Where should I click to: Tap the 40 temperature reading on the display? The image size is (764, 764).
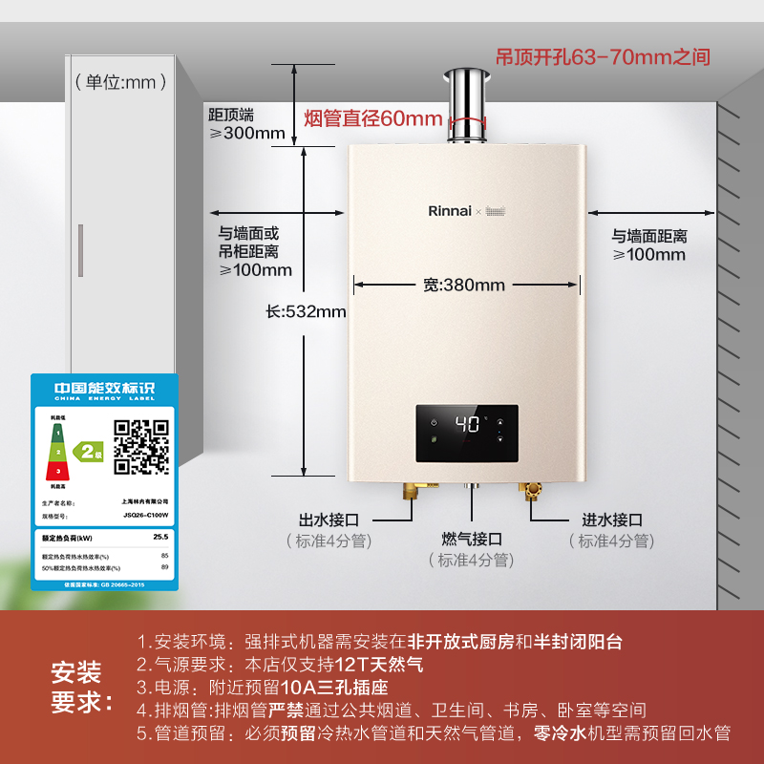click(468, 424)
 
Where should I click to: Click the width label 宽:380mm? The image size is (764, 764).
click(464, 285)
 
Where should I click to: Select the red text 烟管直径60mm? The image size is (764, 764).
click(372, 119)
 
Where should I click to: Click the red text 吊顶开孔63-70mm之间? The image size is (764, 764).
click(603, 57)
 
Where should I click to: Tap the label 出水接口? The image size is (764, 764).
click(329, 520)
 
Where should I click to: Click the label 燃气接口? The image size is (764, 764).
click(472, 540)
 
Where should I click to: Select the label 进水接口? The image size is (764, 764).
click(612, 520)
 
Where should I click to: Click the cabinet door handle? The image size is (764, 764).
click(80, 250)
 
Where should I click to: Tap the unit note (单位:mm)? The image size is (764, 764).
click(115, 83)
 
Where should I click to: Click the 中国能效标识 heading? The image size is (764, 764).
click(103, 387)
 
